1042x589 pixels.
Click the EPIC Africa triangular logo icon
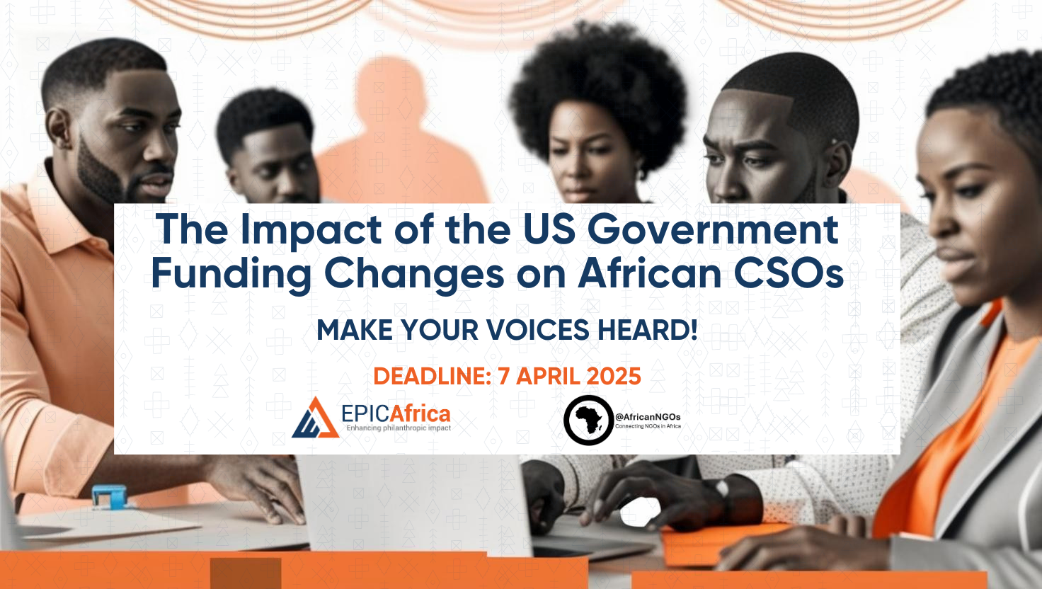[315, 419]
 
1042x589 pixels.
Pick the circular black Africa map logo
[588, 420]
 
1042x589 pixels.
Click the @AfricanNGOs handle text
[648, 416]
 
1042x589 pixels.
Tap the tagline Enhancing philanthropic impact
[398, 428]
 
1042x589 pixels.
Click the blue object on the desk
[109, 496]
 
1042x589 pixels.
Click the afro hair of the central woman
[598, 78]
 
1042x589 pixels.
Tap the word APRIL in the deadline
[550, 376]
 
